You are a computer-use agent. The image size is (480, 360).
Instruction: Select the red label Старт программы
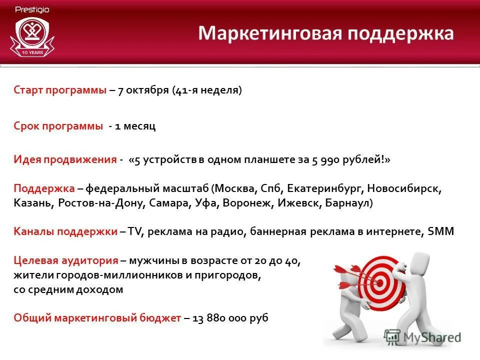tap(60, 90)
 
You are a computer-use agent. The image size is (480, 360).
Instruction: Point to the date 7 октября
tap(143, 90)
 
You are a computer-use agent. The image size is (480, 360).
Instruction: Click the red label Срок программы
tap(58, 126)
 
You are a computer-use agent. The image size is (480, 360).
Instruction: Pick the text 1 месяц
tap(135, 126)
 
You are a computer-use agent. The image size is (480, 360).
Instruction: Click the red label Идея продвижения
tap(65, 159)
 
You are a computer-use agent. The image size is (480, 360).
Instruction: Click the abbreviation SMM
tap(441, 232)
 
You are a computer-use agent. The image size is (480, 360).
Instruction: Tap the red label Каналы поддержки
tap(65, 232)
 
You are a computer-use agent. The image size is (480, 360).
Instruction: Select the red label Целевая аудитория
tap(66, 260)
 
